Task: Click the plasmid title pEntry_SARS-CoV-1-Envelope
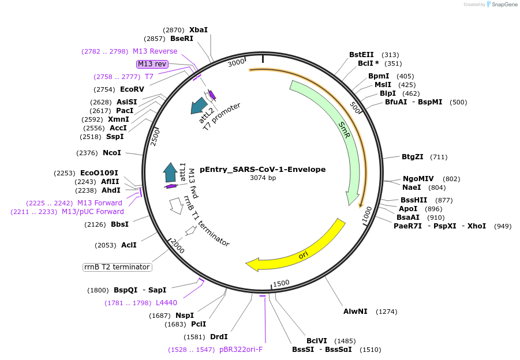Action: pos(263,170)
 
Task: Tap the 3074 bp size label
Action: pos(263,178)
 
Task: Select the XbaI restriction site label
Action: pos(199,30)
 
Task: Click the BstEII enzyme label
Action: pos(361,55)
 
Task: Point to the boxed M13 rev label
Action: pos(152,64)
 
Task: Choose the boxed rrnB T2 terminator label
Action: pos(118,267)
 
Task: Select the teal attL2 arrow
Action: pos(199,105)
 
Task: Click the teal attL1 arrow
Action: pos(170,172)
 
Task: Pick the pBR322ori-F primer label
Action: pos(241,350)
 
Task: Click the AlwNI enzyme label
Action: pos(356,312)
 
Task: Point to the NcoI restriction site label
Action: pos(112,153)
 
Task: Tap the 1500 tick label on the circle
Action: pos(281,283)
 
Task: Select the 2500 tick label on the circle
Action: pos(155,137)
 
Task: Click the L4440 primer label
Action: pos(166,303)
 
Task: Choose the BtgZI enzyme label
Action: pos(413,157)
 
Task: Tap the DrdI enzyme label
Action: pos(219,337)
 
